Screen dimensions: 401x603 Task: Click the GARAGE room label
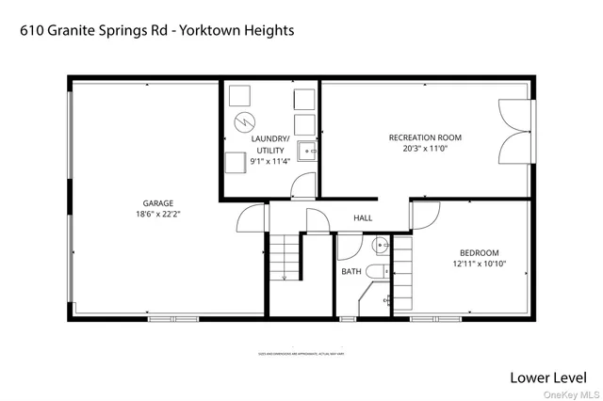[158, 202]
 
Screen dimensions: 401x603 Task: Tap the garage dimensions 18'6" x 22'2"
[158, 215]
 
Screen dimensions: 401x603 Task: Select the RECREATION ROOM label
[425, 137]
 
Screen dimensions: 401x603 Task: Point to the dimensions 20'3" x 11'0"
[425, 149]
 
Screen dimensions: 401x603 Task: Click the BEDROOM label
[479, 252]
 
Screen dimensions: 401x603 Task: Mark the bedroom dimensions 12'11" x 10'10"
[479, 264]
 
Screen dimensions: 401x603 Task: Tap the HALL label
[363, 218]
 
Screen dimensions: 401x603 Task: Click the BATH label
[351, 272]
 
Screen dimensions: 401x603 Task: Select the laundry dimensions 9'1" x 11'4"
[270, 161]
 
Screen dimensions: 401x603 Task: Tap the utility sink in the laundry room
[306, 149]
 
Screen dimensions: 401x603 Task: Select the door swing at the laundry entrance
[302, 186]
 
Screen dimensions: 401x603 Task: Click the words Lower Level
[549, 377]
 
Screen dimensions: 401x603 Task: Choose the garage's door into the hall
[248, 218]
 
